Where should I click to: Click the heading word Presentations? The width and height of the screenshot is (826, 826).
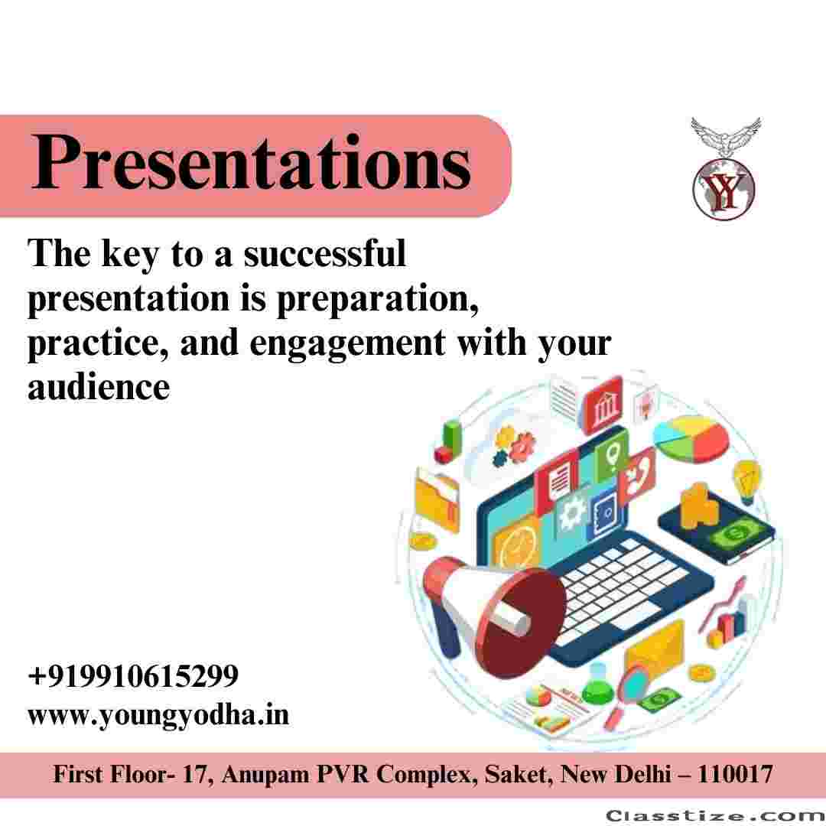point(251,161)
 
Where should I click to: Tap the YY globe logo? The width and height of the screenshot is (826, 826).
point(724,188)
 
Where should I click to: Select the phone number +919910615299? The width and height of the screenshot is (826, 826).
point(133,675)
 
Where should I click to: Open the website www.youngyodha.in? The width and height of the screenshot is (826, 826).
point(158,715)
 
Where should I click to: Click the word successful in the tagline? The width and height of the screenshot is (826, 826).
point(325,253)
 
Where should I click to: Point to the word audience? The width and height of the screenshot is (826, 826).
point(99,387)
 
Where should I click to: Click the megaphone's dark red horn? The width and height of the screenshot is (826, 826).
point(522,622)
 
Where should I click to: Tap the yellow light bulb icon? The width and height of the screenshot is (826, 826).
point(747,480)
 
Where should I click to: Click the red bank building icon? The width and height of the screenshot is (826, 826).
point(603,405)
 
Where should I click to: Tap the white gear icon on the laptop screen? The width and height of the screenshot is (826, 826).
point(572,512)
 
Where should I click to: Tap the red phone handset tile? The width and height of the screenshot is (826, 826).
point(637,475)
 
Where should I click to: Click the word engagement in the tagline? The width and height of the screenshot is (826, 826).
point(348,343)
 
